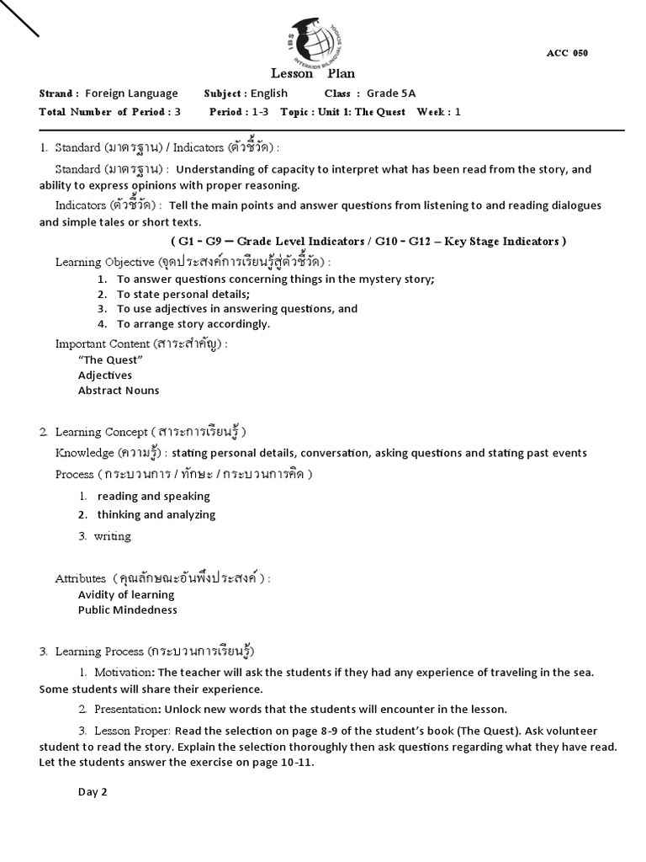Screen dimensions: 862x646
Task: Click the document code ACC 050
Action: (567, 53)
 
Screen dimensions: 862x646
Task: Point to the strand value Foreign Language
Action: (131, 93)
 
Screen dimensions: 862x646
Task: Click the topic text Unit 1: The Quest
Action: (357, 112)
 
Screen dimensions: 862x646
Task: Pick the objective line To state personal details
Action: (183, 294)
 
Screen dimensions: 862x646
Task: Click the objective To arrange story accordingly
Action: (193, 324)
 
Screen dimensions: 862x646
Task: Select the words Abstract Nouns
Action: (119, 391)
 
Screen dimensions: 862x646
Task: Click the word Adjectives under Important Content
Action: (105, 375)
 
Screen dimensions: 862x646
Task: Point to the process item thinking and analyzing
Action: (156, 514)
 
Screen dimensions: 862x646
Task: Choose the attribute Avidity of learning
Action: (126, 594)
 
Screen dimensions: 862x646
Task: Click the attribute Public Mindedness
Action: (128, 609)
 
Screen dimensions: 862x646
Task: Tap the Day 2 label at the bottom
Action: (93, 791)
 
